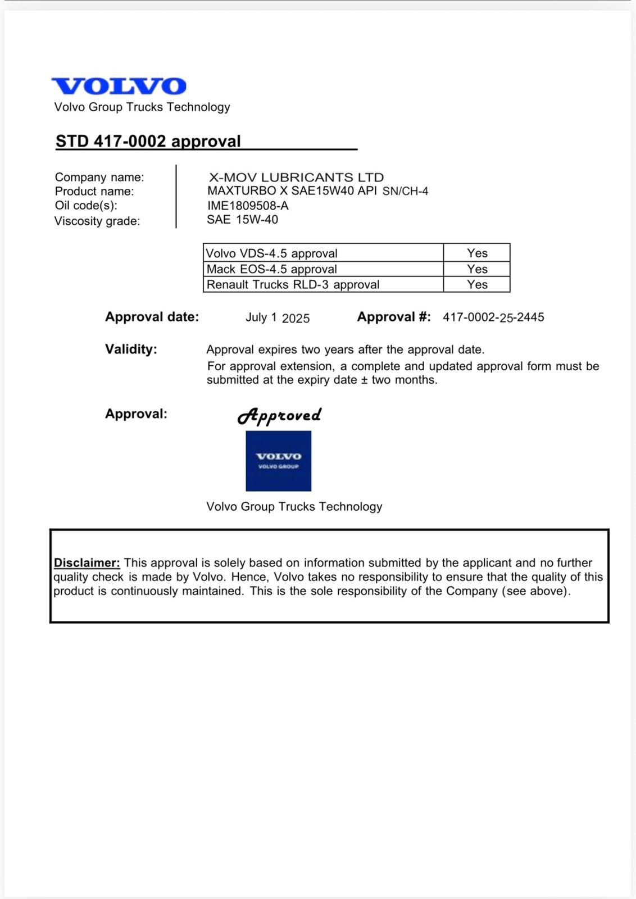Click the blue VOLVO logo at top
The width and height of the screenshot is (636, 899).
point(119,87)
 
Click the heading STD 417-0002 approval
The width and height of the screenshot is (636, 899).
point(148,141)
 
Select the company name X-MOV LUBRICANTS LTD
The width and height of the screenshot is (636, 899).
point(296,178)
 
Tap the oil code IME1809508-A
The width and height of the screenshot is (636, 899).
point(248,206)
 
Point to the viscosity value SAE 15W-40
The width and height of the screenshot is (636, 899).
point(242,220)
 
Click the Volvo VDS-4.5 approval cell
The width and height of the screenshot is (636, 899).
point(323,253)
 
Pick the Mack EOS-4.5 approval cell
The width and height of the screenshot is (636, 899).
point(323,269)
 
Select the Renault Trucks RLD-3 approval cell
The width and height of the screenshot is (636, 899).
point(323,284)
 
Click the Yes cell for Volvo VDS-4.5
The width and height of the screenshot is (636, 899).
point(477,253)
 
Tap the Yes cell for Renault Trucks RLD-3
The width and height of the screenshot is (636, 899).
point(477,284)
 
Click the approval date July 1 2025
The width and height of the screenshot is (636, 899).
point(278,318)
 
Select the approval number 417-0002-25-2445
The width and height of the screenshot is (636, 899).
point(493,317)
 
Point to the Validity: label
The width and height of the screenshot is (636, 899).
point(131,349)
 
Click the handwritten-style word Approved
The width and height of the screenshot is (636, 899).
point(279,416)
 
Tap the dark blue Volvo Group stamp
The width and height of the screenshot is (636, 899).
point(278,461)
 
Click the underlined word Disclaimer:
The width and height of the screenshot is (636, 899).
point(87,563)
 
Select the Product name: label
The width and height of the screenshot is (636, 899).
point(94,192)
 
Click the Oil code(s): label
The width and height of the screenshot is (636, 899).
point(86,206)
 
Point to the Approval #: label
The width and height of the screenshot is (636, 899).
point(394,317)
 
